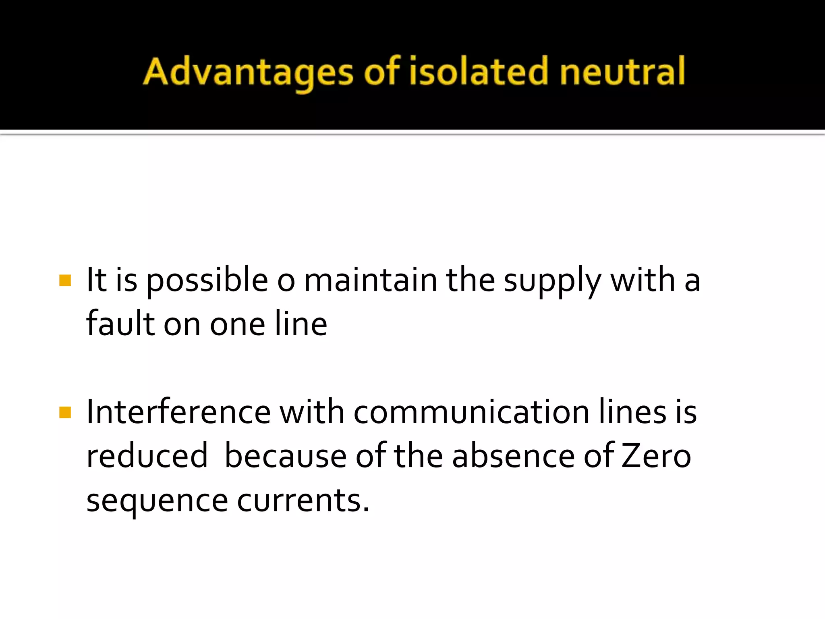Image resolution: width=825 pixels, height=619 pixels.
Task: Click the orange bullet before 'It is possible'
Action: coord(65,280)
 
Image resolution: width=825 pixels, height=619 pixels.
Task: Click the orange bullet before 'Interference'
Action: coord(65,412)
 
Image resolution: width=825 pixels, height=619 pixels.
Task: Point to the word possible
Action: coord(207,281)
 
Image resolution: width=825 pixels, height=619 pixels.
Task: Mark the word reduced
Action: coord(147,456)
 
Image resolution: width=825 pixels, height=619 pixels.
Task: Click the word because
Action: coord(286,456)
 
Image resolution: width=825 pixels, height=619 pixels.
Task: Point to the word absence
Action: coord(513,456)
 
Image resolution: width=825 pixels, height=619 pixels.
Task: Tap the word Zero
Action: coord(656,456)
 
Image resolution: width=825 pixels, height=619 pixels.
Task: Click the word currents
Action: coord(303,501)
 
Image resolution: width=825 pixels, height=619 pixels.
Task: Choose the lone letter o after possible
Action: coord(286,281)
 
